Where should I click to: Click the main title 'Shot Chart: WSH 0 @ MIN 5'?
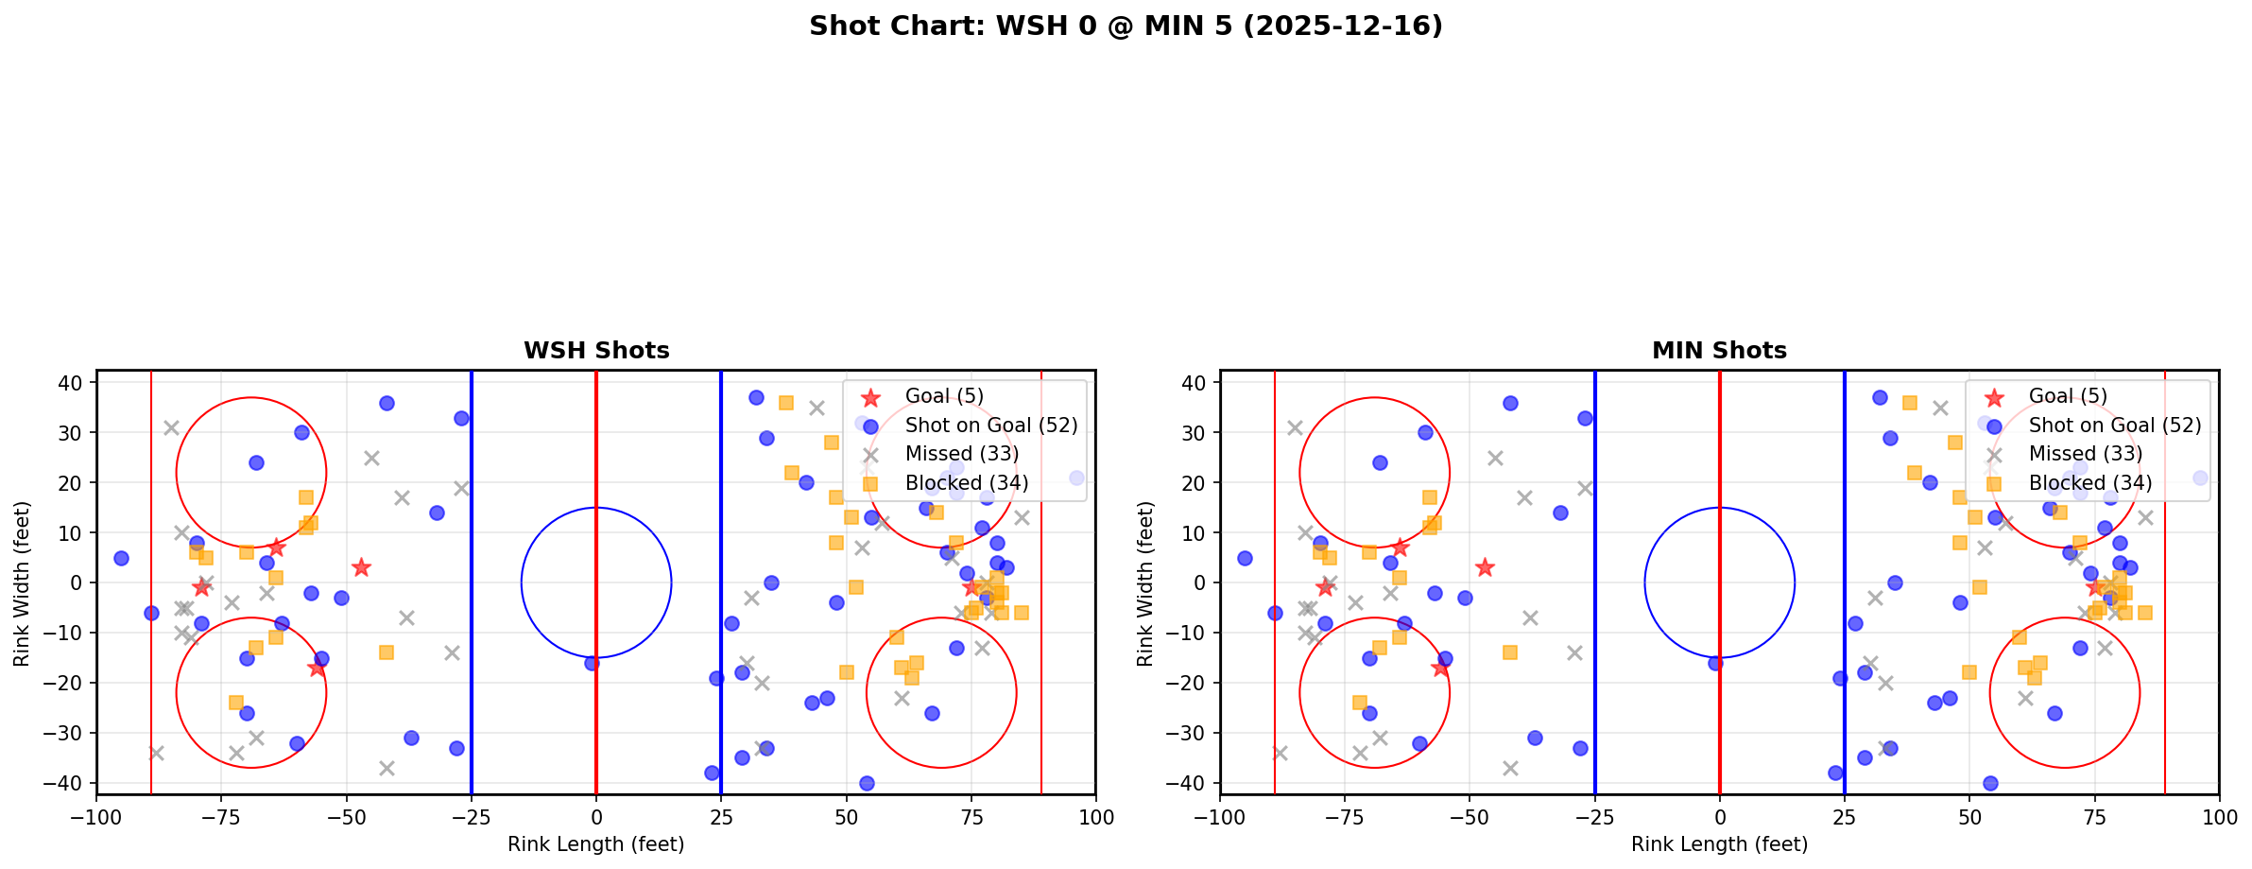tap(1125, 26)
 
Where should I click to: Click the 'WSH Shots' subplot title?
tap(596, 351)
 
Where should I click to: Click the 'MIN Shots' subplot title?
tap(1719, 351)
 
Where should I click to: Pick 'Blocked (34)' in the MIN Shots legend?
tap(2089, 483)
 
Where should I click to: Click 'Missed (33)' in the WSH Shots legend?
tap(961, 454)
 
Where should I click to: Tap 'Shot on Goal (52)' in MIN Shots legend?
tap(2115, 426)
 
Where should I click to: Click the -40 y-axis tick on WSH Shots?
tap(70, 783)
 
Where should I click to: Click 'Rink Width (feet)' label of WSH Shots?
tap(21, 582)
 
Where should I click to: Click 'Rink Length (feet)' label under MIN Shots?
tap(1719, 844)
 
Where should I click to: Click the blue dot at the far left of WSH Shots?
tap(121, 558)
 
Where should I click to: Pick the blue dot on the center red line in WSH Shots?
tap(592, 663)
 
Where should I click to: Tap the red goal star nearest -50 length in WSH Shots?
tap(361, 567)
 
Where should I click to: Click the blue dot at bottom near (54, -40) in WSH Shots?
tap(867, 783)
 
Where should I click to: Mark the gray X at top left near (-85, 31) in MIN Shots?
tap(1295, 427)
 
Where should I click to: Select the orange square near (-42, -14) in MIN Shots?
tap(1510, 652)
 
